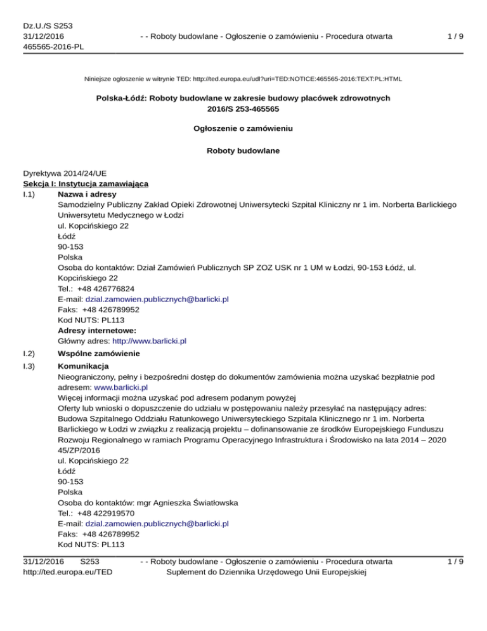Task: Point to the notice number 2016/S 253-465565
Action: click(x=243, y=109)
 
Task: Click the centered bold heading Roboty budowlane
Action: click(x=243, y=151)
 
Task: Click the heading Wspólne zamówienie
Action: click(x=98, y=353)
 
